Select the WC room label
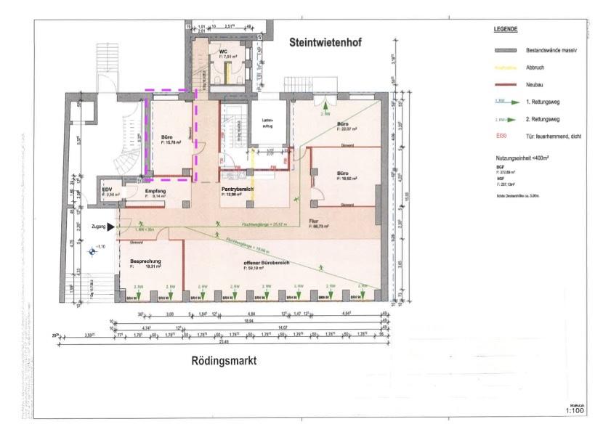click(224, 52)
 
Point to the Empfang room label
click(156, 190)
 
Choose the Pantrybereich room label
click(237, 189)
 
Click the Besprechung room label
click(145, 261)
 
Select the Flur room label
click(315, 221)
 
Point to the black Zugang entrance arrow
click(110, 227)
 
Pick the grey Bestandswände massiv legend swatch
click(504, 51)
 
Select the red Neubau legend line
click(504, 85)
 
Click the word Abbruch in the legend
click(535, 68)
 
